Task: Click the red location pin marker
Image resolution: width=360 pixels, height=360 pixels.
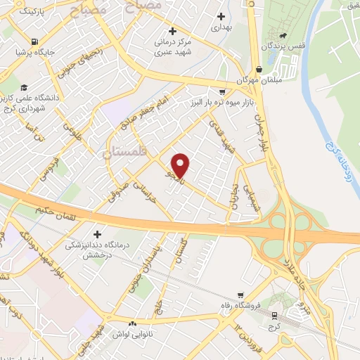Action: [181, 165]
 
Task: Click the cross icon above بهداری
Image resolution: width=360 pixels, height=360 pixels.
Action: [222, 16]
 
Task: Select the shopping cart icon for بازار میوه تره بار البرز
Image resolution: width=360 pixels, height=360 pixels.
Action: [222, 92]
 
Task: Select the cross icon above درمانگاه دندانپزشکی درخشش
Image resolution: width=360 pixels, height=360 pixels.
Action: [97, 233]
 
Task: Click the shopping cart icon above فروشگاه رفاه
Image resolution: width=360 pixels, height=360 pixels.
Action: [240, 295]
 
